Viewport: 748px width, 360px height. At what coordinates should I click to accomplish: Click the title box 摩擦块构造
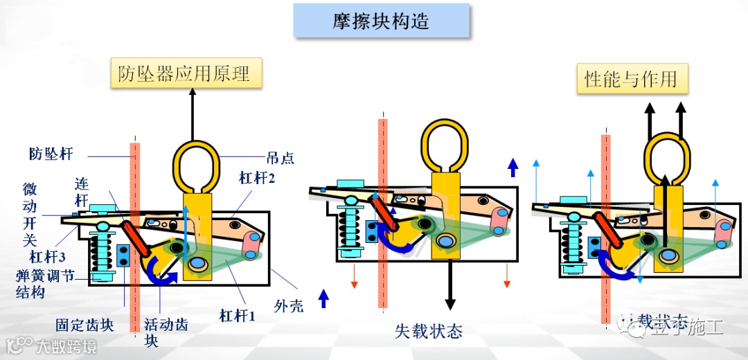[x=381, y=20]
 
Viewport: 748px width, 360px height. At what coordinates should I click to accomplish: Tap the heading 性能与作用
[x=632, y=78]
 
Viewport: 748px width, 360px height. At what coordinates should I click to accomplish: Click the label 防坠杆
[x=51, y=153]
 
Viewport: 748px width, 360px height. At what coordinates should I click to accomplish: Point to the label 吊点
[x=280, y=159]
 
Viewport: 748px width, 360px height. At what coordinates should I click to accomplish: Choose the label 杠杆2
[x=258, y=179]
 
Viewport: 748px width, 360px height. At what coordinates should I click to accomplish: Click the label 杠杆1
[x=238, y=316]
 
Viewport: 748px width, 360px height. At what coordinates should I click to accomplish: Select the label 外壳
[x=289, y=306]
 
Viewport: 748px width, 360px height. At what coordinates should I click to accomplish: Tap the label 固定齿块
[x=84, y=325]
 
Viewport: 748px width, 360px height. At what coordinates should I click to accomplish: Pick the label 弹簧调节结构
[x=45, y=285]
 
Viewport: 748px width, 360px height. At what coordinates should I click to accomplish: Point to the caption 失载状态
[x=429, y=331]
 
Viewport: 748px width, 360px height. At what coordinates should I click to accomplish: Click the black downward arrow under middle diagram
[x=450, y=284]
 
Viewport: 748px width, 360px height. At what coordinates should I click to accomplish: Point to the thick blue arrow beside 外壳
[x=323, y=298]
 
